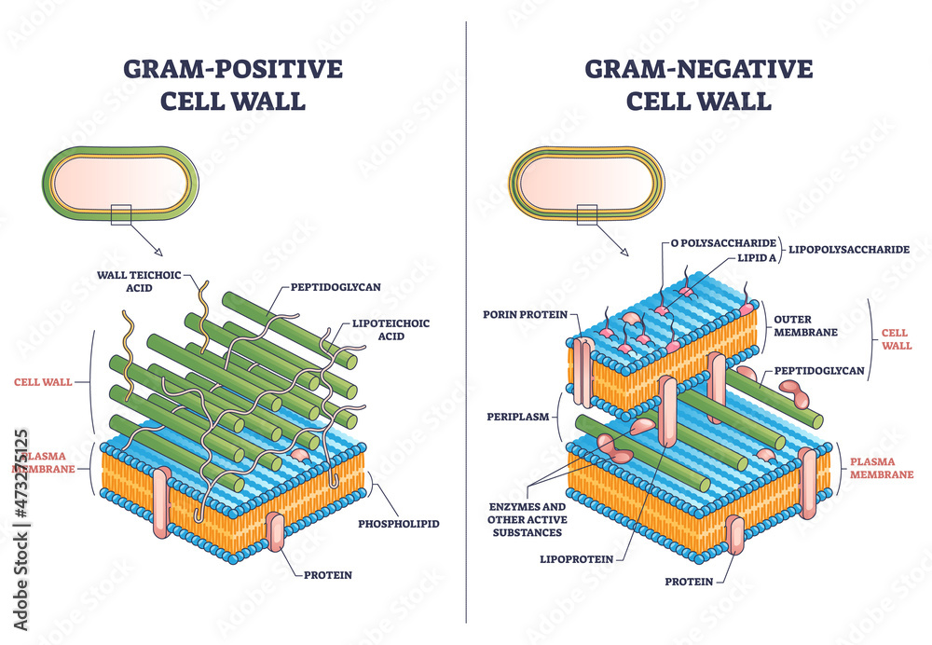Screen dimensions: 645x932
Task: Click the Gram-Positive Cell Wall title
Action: [232, 84]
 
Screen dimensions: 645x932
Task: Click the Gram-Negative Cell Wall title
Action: [699, 84]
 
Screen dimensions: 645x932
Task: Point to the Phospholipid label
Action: [399, 524]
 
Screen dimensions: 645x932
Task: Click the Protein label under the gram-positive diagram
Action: [328, 574]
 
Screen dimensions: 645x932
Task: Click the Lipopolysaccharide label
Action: [849, 250]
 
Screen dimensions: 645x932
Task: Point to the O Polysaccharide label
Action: [716, 243]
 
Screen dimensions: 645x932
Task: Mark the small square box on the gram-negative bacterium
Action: [587, 214]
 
